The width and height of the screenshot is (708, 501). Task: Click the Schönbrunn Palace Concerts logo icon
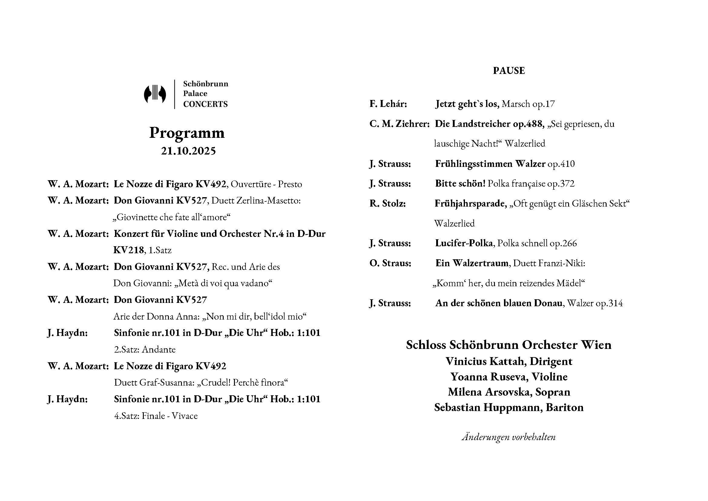[155, 94]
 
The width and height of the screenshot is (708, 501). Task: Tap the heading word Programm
[187, 133]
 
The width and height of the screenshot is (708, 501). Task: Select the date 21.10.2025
[188, 151]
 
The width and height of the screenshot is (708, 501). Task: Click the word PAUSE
[509, 71]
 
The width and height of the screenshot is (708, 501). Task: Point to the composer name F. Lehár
[388, 104]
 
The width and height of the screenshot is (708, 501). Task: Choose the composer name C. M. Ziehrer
[399, 124]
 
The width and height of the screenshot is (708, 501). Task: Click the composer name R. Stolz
[387, 204]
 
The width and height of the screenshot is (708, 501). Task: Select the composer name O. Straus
[390, 263]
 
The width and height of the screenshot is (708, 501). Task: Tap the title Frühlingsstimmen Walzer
[490, 164]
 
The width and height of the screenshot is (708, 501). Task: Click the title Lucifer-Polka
[464, 243]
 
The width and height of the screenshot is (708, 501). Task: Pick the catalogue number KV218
[129, 250]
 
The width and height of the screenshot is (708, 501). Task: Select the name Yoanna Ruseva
[487, 377]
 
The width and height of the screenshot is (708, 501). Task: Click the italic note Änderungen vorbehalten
[509, 437]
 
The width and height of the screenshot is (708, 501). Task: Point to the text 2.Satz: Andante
[145, 350]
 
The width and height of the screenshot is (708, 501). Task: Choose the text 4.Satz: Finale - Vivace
[156, 416]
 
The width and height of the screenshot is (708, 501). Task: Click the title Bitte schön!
[460, 184]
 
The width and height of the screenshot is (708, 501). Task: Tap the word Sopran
[553, 392]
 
